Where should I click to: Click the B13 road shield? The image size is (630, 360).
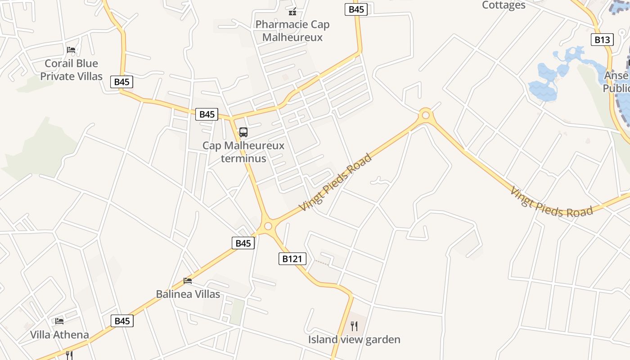602,40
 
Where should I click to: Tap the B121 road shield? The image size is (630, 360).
292,259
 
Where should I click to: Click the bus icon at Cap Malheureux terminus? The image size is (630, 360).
243,132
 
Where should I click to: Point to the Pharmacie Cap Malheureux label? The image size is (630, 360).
292,31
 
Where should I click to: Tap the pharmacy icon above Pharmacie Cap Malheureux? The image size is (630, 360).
292,11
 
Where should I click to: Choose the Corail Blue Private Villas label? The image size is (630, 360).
72,70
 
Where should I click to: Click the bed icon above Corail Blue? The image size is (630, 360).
71,49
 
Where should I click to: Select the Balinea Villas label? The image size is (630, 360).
188,294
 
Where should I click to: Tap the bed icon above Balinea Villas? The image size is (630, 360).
188,281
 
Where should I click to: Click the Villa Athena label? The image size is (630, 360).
59,335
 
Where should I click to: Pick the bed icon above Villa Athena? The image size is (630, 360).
59,321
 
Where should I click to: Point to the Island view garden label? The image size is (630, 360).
354,339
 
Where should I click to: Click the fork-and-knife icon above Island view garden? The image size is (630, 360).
354,326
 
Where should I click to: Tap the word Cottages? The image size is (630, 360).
504,5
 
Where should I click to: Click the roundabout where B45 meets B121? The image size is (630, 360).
268,225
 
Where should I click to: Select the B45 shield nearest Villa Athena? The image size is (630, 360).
122,321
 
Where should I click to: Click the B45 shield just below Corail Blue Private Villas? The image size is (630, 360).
122,82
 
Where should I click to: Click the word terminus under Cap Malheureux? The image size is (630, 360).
243,159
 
